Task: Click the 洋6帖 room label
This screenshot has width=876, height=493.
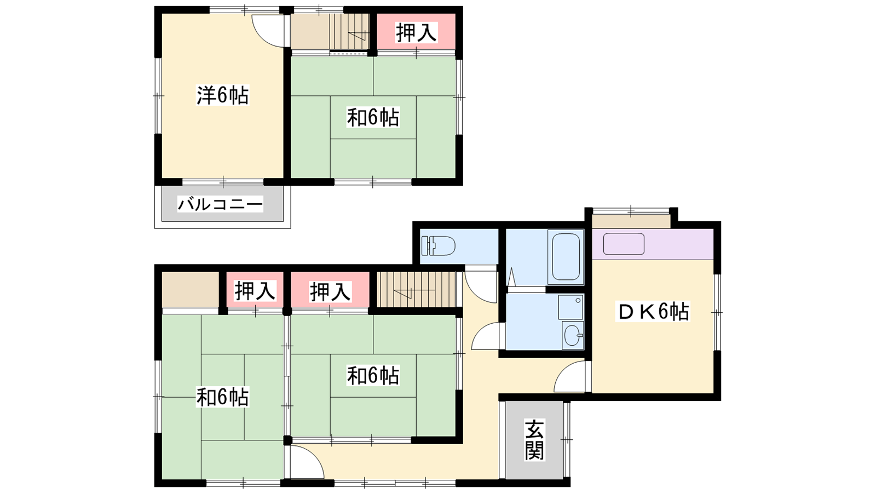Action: pos(222,95)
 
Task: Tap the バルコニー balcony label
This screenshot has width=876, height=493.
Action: pos(220,204)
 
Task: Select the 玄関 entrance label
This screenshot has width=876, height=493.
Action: pos(534,440)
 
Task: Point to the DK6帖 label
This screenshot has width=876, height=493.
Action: pos(652,312)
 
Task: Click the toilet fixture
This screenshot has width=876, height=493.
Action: pos(438,246)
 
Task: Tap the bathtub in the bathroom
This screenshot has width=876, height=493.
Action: pos(566,257)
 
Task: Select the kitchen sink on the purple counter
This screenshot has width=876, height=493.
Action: pos(624,244)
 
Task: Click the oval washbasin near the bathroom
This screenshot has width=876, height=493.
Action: pos(573,335)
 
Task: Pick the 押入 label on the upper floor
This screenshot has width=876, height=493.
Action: pos(416,32)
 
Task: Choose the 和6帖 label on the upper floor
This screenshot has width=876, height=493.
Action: pos(373,117)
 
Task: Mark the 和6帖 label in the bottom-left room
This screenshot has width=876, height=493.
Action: pos(222,397)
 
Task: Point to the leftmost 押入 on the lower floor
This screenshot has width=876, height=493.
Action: pos(255,291)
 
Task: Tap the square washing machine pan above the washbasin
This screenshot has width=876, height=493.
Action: pos(570,307)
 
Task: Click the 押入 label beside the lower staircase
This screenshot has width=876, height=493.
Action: pos(331,291)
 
